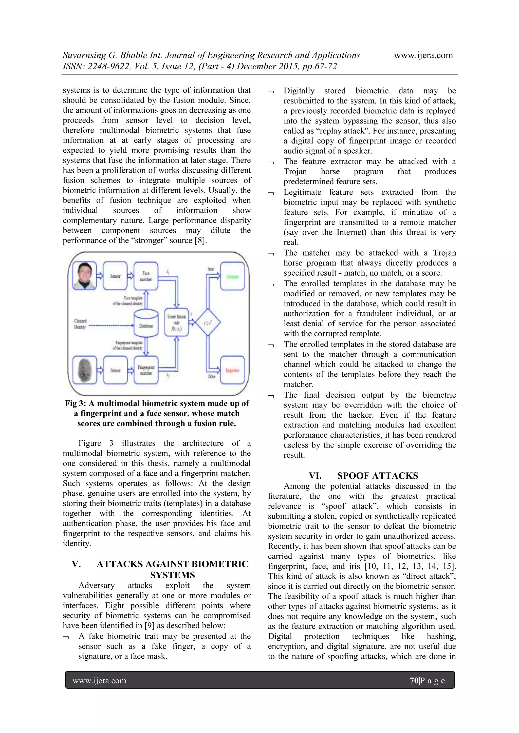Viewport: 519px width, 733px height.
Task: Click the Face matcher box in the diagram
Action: coord(146,276)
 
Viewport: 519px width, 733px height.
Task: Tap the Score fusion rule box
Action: coord(176,322)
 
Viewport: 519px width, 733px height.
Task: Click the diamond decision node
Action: coord(208,322)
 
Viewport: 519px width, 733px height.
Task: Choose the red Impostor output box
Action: coord(232,370)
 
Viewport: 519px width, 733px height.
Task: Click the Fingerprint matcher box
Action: coord(146,370)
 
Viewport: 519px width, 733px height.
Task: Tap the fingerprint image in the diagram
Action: coord(84,370)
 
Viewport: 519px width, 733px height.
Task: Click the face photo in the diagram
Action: coord(84,276)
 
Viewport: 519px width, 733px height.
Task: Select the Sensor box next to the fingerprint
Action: coord(115,370)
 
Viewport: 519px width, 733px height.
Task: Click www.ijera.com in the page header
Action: coord(423,55)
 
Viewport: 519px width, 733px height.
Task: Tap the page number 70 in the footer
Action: coord(414,681)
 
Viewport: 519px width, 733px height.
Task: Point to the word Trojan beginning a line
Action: coord(295,171)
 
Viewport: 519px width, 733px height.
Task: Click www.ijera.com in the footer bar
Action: coord(99,681)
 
